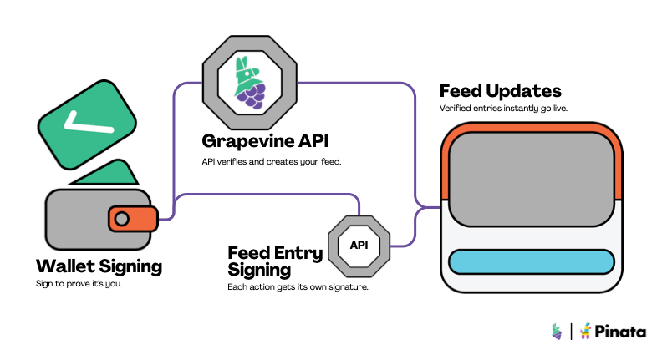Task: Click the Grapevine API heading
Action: coord(266,139)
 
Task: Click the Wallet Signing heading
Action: coord(99,266)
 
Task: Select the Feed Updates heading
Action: coord(500,90)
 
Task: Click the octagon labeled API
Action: coord(359,246)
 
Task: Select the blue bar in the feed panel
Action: coord(529,261)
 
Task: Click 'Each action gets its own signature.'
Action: coord(298,286)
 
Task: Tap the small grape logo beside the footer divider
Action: coord(557,332)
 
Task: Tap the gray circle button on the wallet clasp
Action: coord(122,219)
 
